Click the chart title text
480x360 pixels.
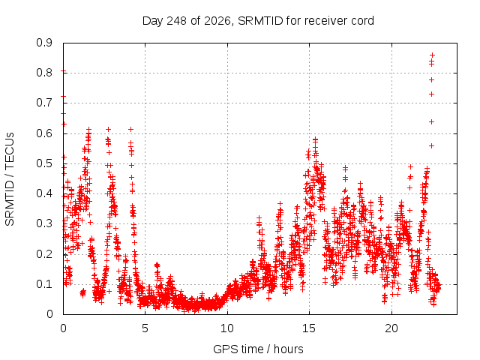point(258,21)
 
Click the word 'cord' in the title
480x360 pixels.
point(362,21)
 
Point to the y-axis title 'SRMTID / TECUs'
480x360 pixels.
point(10,179)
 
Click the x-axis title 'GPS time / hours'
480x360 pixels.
point(258,349)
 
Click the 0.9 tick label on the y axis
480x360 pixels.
point(44,43)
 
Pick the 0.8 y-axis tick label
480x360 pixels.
point(44,73)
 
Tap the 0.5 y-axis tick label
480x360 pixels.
point(44,163)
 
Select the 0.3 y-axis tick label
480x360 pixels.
point(44,223)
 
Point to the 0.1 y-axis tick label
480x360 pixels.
point(44,284)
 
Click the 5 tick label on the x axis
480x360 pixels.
point(145,328)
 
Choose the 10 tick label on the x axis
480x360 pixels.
point(227,328)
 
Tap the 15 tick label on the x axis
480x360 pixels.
point(309,328)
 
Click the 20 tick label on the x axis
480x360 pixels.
point(391,328)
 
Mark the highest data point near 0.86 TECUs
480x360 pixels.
point(432,55)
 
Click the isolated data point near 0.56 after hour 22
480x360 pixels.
point(432,146)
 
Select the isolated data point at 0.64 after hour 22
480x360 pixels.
point(432,121)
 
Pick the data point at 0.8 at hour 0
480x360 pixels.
point(63,71)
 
